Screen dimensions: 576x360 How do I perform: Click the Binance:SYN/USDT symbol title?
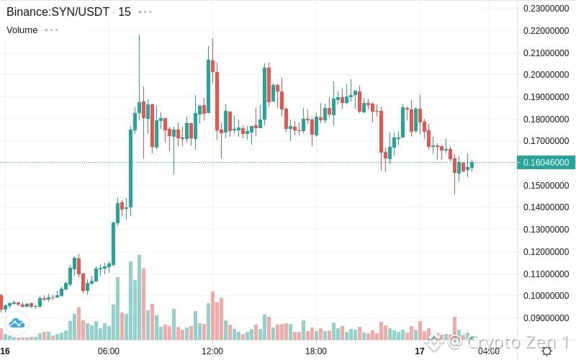pyautogui.click(x=58, y=12)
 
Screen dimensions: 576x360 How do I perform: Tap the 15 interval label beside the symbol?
pyautogui.click(x=125, y=12)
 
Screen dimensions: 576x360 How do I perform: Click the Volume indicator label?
pyautogui.click(x=22, y=30)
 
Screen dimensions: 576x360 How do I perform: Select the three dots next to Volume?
pyautogui.click(x=51, y=30)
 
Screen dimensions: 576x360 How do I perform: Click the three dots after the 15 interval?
pyautogui.click(x=145, y=12)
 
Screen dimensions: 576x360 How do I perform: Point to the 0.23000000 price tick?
pyautogui.click(x=546, y=9)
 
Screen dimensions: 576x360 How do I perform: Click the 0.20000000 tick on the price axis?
pyautogui.click(x=546, y=75)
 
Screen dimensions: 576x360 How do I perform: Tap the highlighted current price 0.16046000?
pyautogui.click(x=546, y=163)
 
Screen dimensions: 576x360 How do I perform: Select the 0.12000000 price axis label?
pyautogui.click(x=546, y=251)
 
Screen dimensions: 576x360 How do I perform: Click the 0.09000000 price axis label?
pyautogui.click(x=546, y=318)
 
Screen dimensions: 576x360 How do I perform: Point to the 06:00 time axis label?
pyautogui.click(x=109, y=351)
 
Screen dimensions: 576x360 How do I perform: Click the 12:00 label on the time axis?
pyautogui.click(x=212, y=351)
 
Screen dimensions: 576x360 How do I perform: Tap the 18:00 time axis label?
pyautogui.click(x=316, y=351)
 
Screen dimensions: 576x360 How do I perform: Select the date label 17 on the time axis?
pyautogui.click(x=420, y=351)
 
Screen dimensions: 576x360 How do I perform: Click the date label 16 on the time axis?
pyautogui.click(x=5, y=351)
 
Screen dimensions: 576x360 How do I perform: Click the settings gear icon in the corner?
pyautogui.click(x=547, y=351)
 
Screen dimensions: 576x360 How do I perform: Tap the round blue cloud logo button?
pyautogui.click(x=17, y=323)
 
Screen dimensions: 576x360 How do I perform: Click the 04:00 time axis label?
pyautogui.click(x=489, y=351)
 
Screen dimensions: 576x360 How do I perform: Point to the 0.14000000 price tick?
pyautogui.click(x=546, y=207)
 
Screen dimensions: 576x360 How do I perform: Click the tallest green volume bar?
pyautogui.click(x=139, y=297)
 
